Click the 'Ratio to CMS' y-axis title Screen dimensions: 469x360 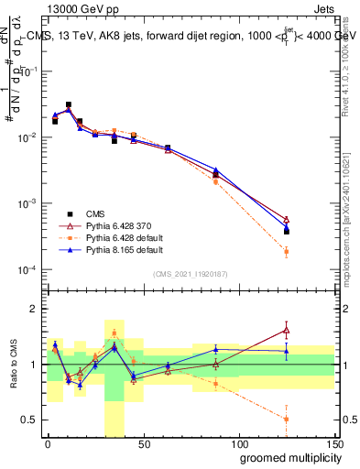point(12,376)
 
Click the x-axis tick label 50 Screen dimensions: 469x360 point(142,442)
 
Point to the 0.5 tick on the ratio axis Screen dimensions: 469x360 point(30,420)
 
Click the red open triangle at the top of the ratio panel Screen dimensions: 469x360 point(286,330)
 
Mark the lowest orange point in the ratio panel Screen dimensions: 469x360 point(286,419)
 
